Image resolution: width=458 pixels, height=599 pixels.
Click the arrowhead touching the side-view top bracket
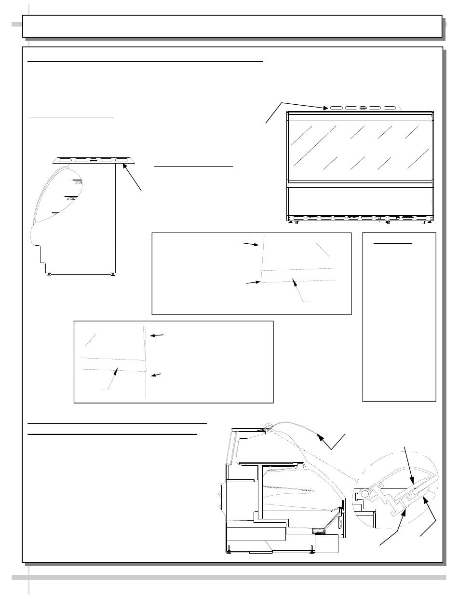[124, 166]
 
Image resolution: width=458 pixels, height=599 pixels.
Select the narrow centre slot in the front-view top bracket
[363, 108]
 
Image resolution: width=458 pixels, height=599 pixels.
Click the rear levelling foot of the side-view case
[113, 275]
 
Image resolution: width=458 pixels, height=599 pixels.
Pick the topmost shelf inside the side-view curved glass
[78, 181]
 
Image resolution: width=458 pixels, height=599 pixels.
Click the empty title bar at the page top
[232, 26]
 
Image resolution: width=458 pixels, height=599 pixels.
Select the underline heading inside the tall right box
[393, 244]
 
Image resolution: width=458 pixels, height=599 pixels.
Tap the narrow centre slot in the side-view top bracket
[94, 160]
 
